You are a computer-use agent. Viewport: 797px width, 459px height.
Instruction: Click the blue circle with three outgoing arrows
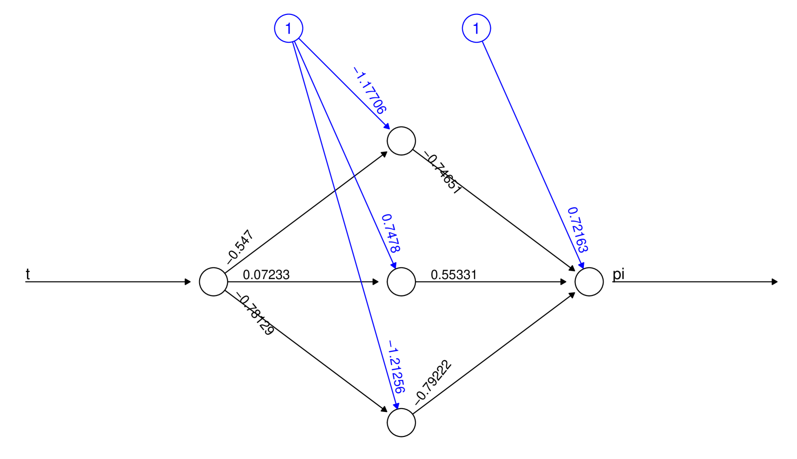pyautogui.click(x=288, y=28)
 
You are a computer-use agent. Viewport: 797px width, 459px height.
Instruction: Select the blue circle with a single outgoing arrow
pyautogui.click(x=476, y=28)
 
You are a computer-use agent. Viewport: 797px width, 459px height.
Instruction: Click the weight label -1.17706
pyautogui.click(x=369, y=90)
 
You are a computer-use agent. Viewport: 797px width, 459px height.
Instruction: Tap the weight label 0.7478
pyautogui.click(x=391, y=234)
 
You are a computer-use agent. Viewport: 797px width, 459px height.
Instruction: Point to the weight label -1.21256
pyautogui.click(x=397, y=367)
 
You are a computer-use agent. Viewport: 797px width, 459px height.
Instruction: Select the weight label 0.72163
pyautogui.click(x=577, y=230)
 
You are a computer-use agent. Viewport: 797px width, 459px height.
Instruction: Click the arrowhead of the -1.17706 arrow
pyautogui.click(x=387, y=126)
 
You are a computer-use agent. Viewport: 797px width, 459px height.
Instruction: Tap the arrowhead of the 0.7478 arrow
pyautogui.click(x=394, y=265)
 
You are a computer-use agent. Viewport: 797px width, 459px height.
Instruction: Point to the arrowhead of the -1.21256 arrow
pyautogui.click(x=396, y=406)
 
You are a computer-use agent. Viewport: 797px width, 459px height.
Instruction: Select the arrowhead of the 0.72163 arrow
pyautogui.click(x=582, y=265)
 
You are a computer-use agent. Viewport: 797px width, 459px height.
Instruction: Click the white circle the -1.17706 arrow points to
pyautogui.click(x=401, y=141)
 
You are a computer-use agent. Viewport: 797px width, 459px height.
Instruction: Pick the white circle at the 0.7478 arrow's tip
pyautogui.click(x=401, y=282)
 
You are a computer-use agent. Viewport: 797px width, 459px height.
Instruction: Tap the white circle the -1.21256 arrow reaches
pyautogui.click(x=401, y=423)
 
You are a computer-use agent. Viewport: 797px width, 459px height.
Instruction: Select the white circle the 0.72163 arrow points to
pyautogui.click(x=589, y=282)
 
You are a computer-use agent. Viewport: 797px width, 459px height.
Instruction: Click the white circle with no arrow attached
pyautogui.click(x=214, y=282)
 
